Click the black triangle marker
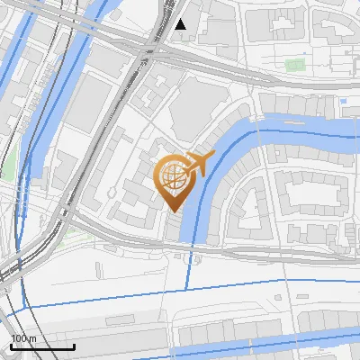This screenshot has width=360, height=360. point(181,24)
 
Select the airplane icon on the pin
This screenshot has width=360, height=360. point(197,164)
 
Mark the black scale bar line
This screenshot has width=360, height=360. point(42,346)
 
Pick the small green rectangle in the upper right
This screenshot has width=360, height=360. point(295,65)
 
